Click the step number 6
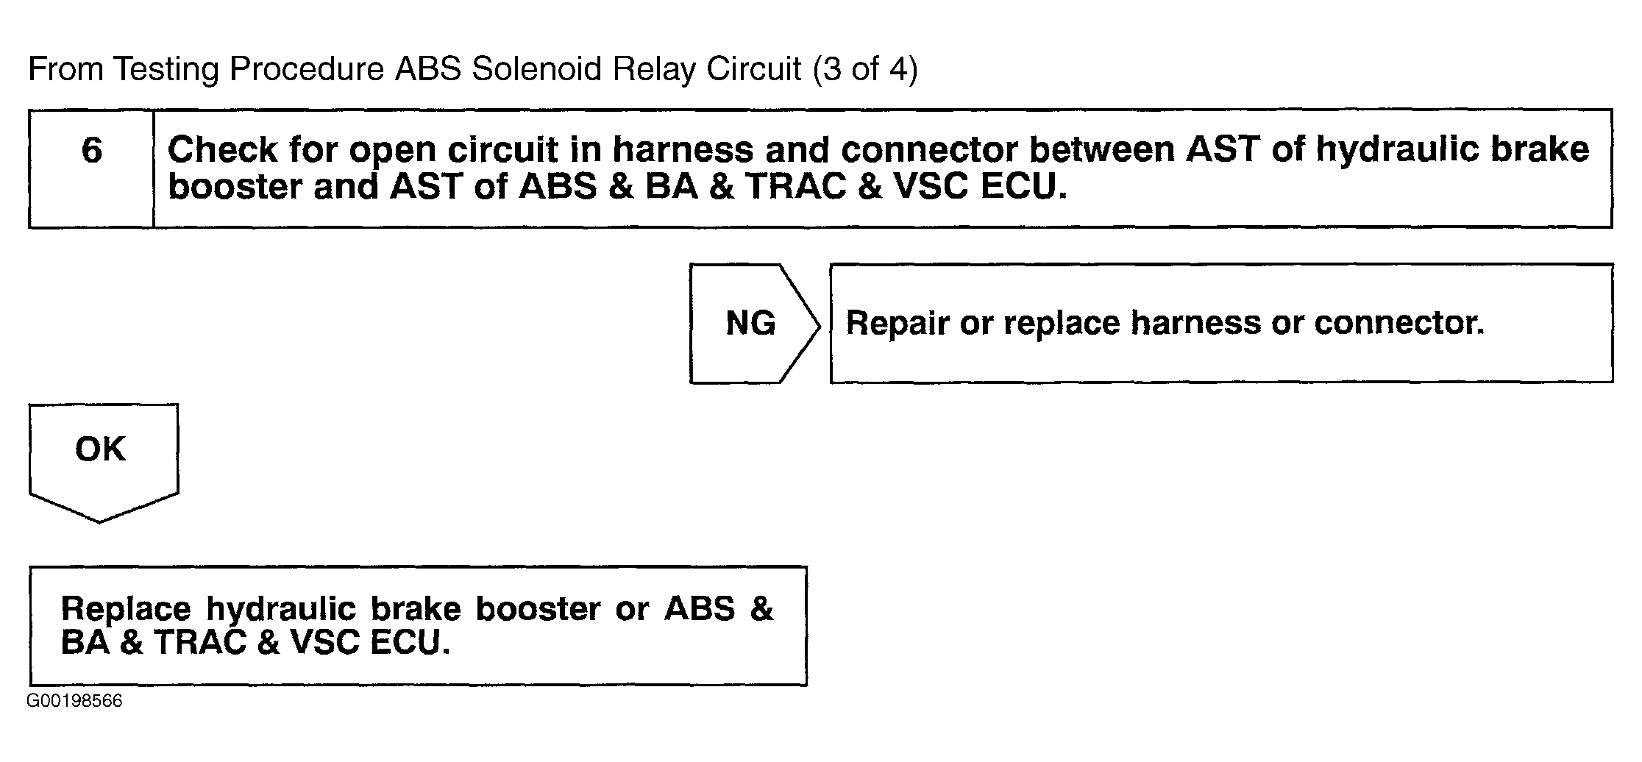point(91,150)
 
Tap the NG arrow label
point(750,323)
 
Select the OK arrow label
point(100,449)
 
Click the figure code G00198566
point(74,701)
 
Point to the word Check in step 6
point(222,150)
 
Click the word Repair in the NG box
point(897,324)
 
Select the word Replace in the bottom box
point(126,610)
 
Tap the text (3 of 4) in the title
point(865,70)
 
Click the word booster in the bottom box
point(539,610)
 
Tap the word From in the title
point(65,69)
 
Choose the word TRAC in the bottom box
point(200,644)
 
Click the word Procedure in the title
point(307,69)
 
